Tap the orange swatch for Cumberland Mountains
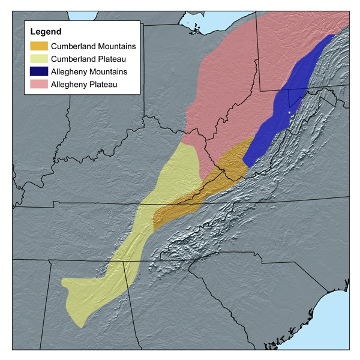point(40,46)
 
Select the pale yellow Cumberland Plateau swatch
point(40,59)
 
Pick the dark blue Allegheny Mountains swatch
point(40,72)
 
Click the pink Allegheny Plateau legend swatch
point(40,85)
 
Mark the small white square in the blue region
point(289,112)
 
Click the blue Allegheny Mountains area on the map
point(282,114)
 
